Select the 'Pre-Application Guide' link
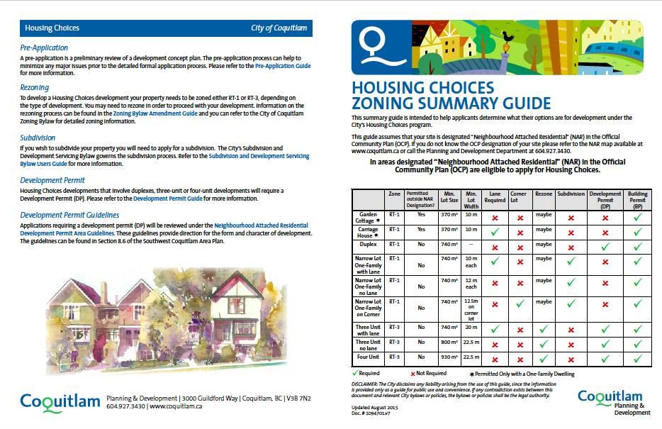click(x=282, y=65)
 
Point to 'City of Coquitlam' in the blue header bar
click(x=279, y=28)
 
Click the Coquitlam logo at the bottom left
click(x=60, y=402)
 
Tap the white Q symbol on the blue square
click(x=372, y=43)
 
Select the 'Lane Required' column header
click(x=495, y=196)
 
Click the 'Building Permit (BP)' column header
click(x=636, y=196)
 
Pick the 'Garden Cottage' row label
click(x=369, y=216)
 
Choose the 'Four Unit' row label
click(x=369, y=357)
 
